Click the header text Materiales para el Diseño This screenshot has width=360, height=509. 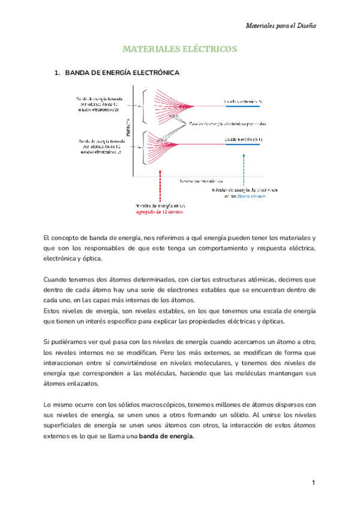pos(281,26)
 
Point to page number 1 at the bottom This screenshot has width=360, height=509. pos(313,483)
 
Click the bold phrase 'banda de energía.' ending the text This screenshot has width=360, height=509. pos(167,436)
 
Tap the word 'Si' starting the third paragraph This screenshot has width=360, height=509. pos(48,342)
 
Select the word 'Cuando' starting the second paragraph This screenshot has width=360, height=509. pos(57,279)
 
